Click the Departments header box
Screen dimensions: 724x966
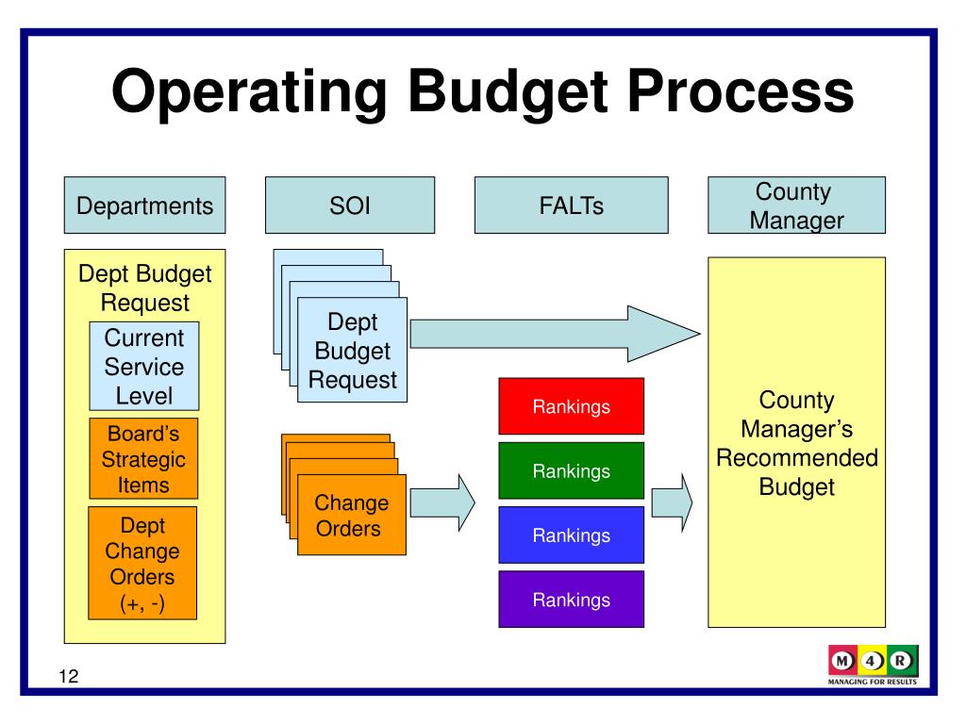coord(144,206)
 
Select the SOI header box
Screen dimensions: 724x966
coord(350,206)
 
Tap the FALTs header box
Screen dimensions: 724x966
coord(572,206)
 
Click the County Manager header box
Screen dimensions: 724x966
coord(797,206)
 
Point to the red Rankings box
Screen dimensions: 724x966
coord(571,407)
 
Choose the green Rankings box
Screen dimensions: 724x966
coord(571,471)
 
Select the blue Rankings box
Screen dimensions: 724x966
coord(571,535)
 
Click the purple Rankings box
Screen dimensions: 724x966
coord(571,600)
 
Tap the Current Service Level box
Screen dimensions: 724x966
coord(143,366)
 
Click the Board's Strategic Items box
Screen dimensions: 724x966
coord(143,459)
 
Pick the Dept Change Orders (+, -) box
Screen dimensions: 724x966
coord(142,563)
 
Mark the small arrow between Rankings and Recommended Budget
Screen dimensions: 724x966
coord(673,502)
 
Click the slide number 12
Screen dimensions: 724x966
coord(67,676)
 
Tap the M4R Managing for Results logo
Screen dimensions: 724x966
coord(873,666)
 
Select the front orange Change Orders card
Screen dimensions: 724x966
coord(352,516)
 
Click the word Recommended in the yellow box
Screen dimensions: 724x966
coord(797,459)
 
